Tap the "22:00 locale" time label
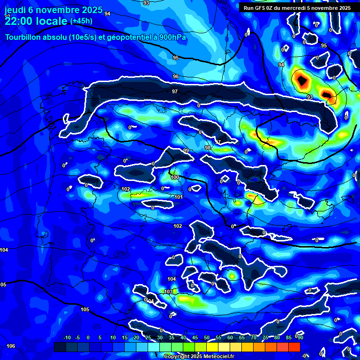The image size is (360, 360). pyautogui.click(x=36, y=21)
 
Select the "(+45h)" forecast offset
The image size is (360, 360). pyautogui.click(x=81, y=21)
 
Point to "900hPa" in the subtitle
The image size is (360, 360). pyautogui.click(x=171, y=37)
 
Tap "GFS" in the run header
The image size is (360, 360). pyautogui.click(x=261, y=8)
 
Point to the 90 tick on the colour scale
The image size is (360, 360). pyautogui.click(x=300, y=337)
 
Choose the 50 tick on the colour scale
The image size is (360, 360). pyautogui.click(x=207, y=337)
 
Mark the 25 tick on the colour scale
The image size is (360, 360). pyautogui.click(x=148, y=337)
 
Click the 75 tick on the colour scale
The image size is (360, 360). pyautogui.click(x=265, y=337)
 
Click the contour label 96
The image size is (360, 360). pyautogui.click(x=176, y=76)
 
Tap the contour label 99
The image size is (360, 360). pyautogui.click(x=186, y=150)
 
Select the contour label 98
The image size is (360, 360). pyautogui.click(x=208, y=148)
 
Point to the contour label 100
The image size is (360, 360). pyautogui.click(x=175, y=177)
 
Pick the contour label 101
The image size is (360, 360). pyautogui.click(x=179, y=197)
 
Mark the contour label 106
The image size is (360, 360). pyautogui.click(x=10, y=346)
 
